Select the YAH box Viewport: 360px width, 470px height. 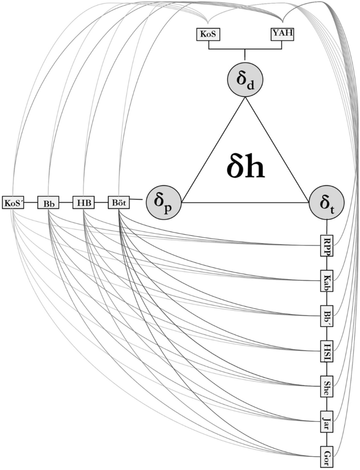(x=282, y=35)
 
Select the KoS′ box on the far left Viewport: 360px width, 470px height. (x=14, y=202)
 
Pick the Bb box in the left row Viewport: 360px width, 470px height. (x=48, y=202)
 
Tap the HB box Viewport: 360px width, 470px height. (x=83, y=202)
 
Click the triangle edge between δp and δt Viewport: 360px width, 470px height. (x=244, y=203)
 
